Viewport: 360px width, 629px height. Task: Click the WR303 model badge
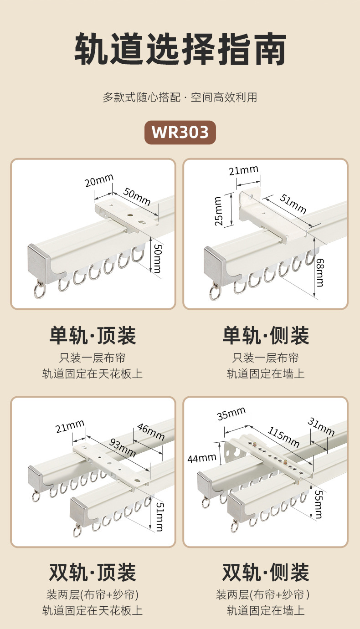180,132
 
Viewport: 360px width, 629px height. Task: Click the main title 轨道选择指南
180,49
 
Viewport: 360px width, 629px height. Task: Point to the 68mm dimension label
320,273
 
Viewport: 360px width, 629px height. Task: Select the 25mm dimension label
219,211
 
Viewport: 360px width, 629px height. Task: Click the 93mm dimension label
122,447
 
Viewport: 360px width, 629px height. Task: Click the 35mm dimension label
231,415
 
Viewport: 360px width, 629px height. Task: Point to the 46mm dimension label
150,431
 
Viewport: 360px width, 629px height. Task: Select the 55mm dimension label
319,503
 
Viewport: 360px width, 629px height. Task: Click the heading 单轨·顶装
93,336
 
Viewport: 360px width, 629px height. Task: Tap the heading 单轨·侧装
266,336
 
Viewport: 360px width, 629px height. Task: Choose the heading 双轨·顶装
93,572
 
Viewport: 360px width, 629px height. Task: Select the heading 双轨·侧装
266,572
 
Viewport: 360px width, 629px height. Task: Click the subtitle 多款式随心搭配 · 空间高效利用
180,97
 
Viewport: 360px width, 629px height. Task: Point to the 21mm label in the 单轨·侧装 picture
243,171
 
